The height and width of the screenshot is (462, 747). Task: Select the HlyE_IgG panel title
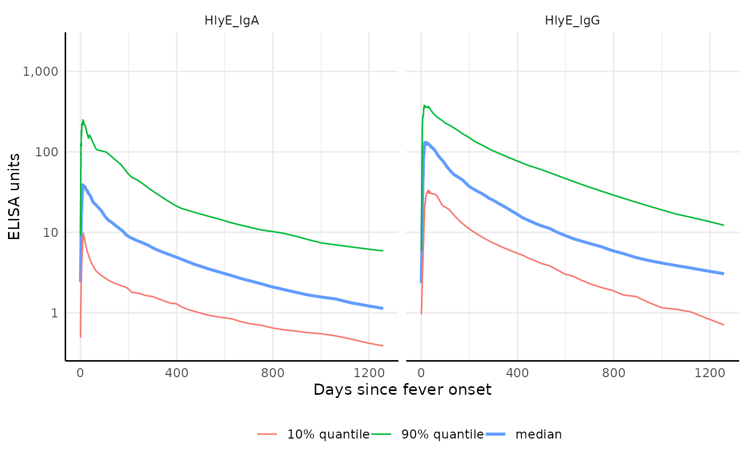(573, 21)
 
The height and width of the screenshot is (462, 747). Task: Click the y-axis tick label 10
(51, 233)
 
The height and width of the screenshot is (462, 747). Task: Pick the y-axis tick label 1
(54, 313)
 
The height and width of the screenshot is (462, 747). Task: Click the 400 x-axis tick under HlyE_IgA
(177, 373)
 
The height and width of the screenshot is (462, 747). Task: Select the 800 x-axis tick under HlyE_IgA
(273, 373)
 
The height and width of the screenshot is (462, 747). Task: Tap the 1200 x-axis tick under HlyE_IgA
(369, 373)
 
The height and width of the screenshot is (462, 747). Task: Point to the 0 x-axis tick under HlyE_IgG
(422, 373)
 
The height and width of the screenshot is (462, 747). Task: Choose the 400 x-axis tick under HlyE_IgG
(518, 373)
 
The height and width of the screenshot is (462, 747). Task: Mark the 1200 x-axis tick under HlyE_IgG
(710, 373)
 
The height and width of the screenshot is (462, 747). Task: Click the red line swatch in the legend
(267, 434)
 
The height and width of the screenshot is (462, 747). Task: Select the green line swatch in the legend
(382, 434)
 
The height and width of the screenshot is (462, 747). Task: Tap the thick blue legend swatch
(496, 434)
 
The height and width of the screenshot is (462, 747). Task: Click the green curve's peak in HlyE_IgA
(83, 121)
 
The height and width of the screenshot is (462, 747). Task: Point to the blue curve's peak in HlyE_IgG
(426, 142)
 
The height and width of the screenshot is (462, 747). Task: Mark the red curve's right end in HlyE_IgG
(724, 325)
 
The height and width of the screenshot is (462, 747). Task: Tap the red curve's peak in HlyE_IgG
(428, 190)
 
